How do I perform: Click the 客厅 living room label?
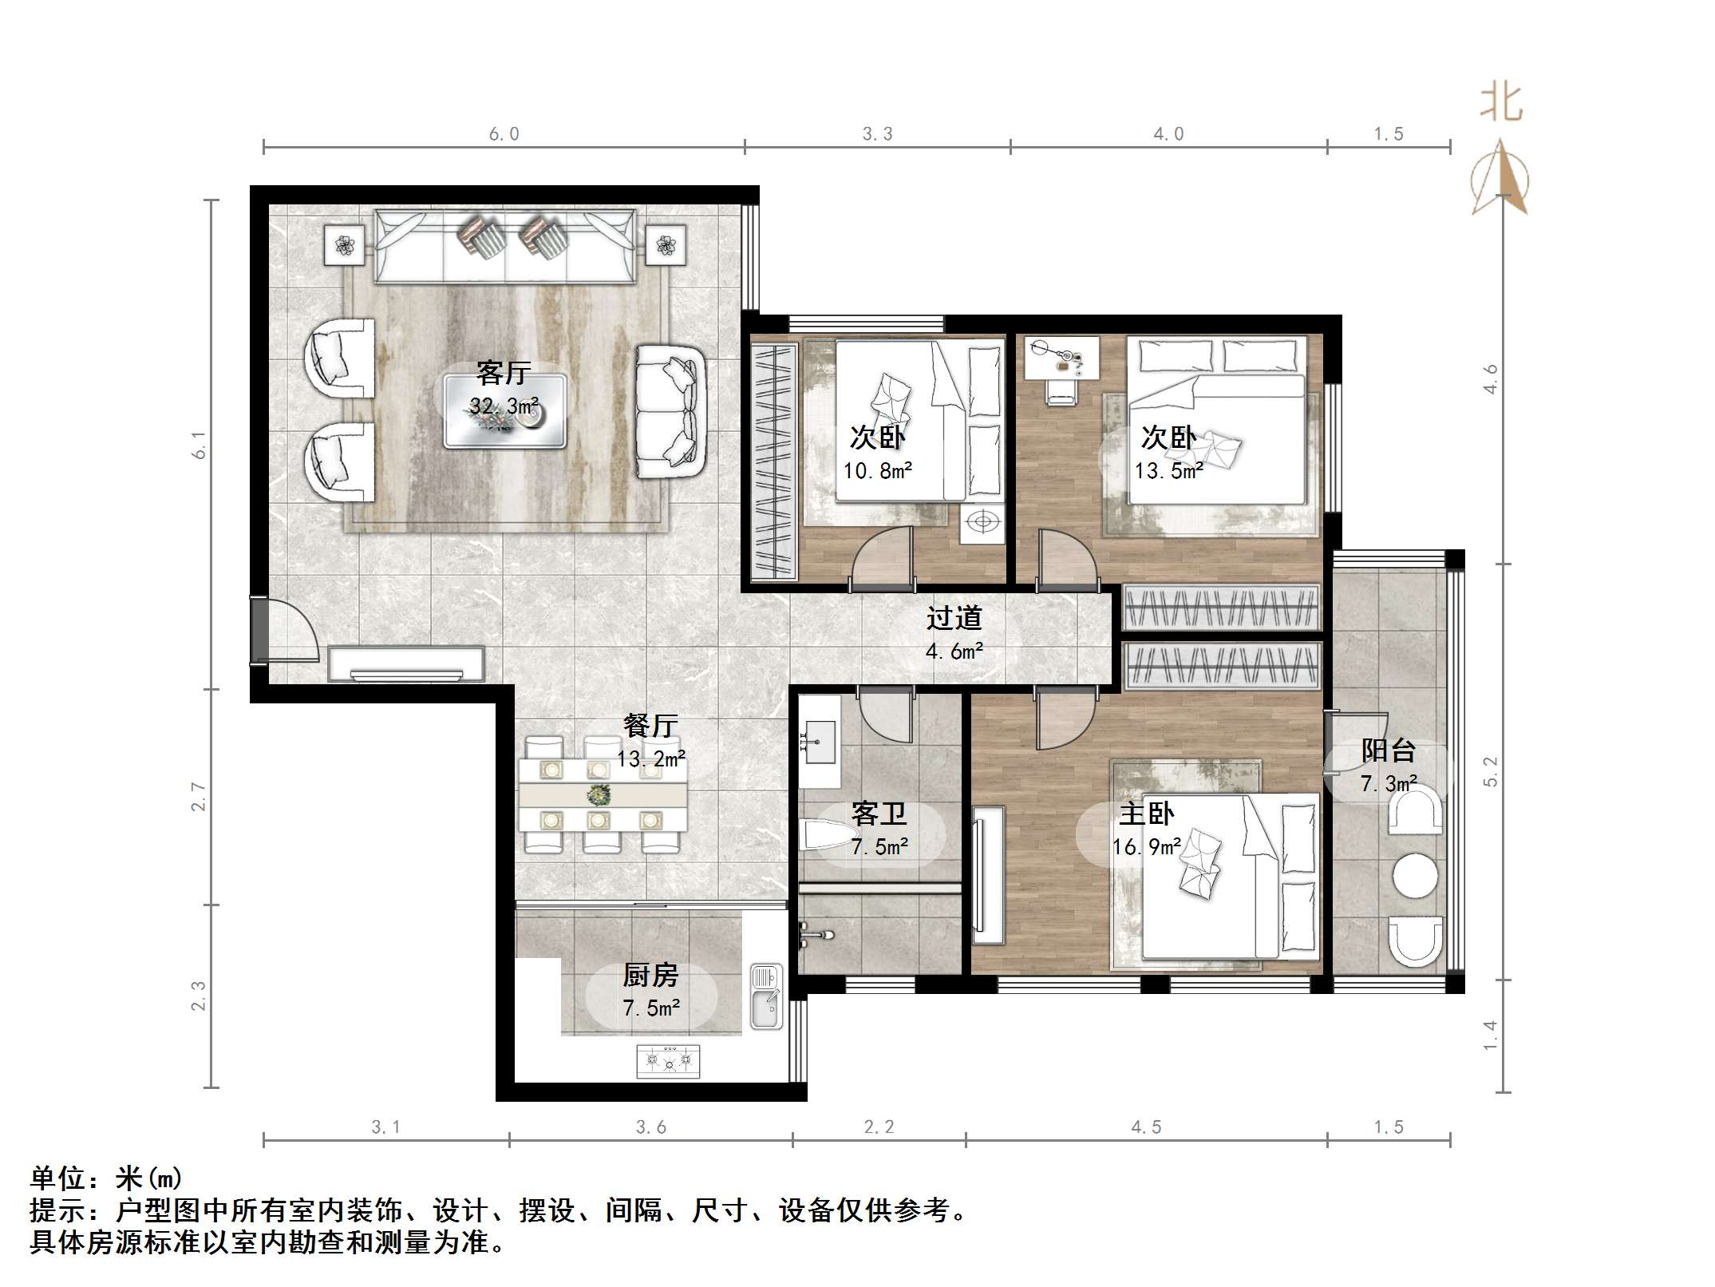503,372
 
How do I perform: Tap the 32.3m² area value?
504,406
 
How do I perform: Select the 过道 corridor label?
954,618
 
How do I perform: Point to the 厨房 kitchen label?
650,975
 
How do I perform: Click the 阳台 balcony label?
1389,750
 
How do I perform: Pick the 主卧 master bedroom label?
1147,814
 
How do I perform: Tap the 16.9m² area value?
1147,847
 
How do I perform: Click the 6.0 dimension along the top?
504,134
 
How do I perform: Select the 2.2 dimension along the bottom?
879,1127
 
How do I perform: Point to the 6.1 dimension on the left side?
199,445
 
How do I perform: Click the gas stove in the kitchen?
669,1061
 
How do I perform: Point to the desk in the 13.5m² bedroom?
1061,357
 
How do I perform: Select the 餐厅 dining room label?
650,725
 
